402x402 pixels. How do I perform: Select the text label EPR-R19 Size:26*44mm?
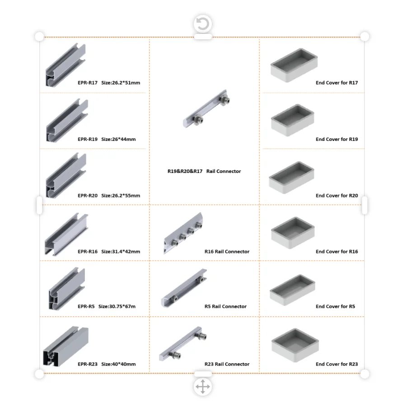coord(107,139)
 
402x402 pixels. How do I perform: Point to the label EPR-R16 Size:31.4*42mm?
coord(109,252)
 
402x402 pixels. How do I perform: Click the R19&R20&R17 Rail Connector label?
coord(204,171)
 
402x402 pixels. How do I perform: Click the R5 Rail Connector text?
coord(225,306)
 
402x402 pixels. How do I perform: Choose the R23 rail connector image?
coord(183,344)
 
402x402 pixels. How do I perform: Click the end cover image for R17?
coord(294,65)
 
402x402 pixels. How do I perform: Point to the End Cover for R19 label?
coord(337,139)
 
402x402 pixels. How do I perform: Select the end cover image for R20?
coord(292,178)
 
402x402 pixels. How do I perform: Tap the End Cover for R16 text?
coord(337,252)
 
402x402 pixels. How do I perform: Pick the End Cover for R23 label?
coord(337,364)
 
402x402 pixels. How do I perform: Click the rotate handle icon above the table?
coord(203,23)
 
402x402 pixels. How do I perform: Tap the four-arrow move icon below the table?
coord(203,387)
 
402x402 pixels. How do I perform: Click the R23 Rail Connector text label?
coord(227,364)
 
